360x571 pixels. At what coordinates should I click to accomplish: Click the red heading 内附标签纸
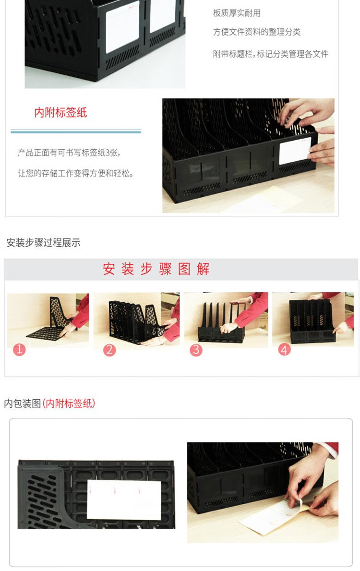click(x=60, y=113)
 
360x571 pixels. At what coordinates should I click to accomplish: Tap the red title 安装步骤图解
click(x=156, y=269)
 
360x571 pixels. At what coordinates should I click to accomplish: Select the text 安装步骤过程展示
click(x=43, y=242)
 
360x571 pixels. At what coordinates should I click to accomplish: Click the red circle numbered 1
click(x=19, y=350)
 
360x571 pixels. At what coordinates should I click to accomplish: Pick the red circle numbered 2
click(x=109, y=350)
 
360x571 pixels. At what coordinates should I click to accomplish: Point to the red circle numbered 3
click(x=196, y=350)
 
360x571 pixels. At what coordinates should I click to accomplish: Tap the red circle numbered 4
click(x=284, y=350)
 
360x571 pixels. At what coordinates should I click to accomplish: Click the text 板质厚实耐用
click(x=237, y=13)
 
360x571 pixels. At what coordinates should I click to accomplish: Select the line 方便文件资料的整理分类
click(x=257, y=32)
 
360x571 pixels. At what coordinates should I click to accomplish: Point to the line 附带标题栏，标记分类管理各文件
click(x=271, y=54)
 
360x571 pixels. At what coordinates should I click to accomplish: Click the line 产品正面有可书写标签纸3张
click(x=69, y=153)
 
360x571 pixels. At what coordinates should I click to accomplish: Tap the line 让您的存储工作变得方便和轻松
click(x=76, y=173)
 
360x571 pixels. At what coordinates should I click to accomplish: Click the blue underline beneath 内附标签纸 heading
click(x=76, y=131)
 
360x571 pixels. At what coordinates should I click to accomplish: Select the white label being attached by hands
click(x=295, y=150)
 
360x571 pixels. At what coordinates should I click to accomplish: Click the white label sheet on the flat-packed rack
click(x=124, y=500)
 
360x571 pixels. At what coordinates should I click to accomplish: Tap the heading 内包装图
click(x=22, y=404)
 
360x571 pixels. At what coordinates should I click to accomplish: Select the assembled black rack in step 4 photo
click(x=312, y=321)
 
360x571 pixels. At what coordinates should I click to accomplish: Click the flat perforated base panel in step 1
click(x=46, y=333)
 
